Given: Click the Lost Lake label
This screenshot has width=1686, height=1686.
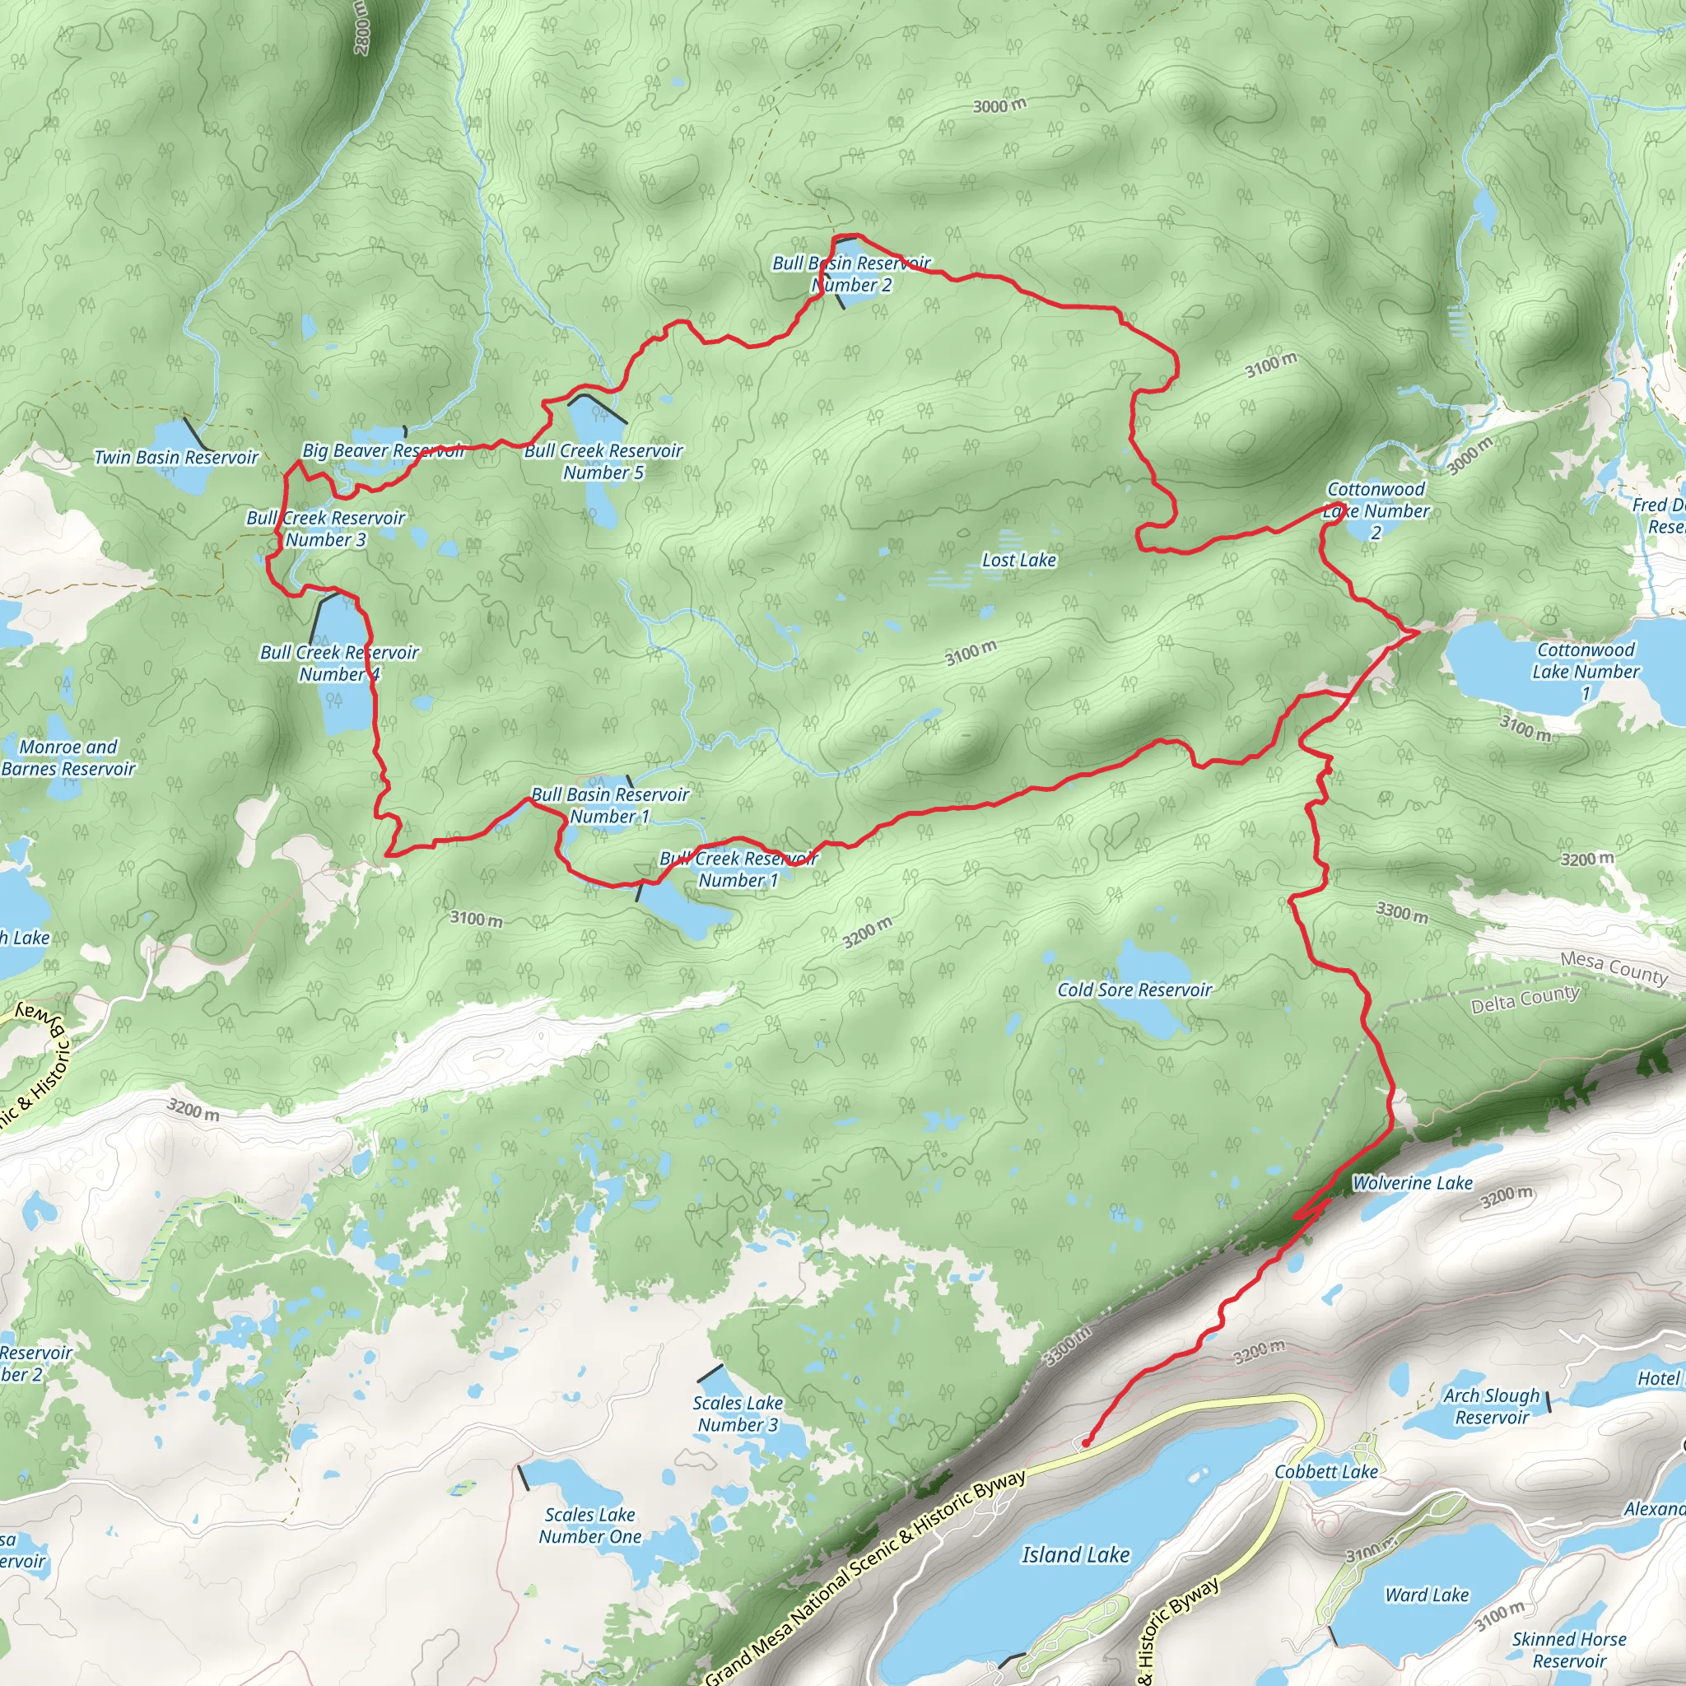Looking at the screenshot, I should [1018, 561].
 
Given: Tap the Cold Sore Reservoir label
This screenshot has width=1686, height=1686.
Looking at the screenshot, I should [1134, 990].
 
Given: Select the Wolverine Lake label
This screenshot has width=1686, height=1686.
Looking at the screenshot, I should [1412, 1183].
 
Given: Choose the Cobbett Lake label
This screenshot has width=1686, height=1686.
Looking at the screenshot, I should [1325, 1472].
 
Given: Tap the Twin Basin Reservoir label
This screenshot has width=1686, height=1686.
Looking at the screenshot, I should [176, 457].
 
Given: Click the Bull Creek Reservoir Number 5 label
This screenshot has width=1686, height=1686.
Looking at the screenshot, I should [603, 462].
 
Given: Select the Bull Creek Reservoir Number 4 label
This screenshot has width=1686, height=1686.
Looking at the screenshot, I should [339, 664].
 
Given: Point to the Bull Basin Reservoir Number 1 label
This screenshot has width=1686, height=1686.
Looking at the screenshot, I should [610, 805].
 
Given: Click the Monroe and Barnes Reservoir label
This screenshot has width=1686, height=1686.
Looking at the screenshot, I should [68, 757].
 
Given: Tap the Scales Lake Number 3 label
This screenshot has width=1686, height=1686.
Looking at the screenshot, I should [738, 1414].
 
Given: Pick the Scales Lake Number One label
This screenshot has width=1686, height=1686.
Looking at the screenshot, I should [590, 1525].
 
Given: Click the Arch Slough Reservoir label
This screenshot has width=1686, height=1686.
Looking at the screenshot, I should [1492, 1406].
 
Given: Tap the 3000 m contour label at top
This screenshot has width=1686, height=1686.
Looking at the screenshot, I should [999, 106].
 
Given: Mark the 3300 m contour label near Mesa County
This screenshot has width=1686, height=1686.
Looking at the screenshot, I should [1401, 913].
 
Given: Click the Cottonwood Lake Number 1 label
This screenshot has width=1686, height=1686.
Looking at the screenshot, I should [1586, 671].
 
